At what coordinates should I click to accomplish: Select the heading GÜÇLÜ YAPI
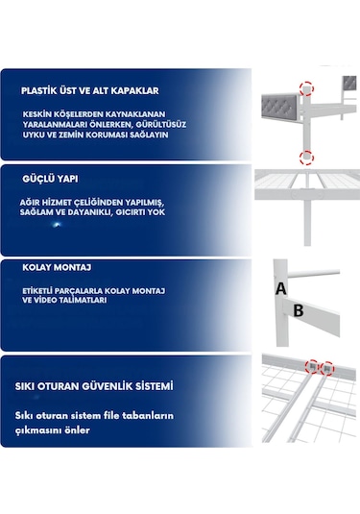(x=51, y=179)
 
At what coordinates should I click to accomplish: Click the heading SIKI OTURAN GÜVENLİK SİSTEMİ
(x=94, y=386)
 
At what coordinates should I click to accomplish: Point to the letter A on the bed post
(x=280, y=287)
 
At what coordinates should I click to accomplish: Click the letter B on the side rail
(x=298, y=310)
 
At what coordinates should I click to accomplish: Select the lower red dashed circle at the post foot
(x=305, y=157)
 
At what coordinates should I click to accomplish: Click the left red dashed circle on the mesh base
(x=311, y=367)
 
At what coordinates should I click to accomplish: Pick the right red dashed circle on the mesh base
(x=326, y=367)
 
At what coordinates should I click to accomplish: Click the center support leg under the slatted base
(x=305, y=221)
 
